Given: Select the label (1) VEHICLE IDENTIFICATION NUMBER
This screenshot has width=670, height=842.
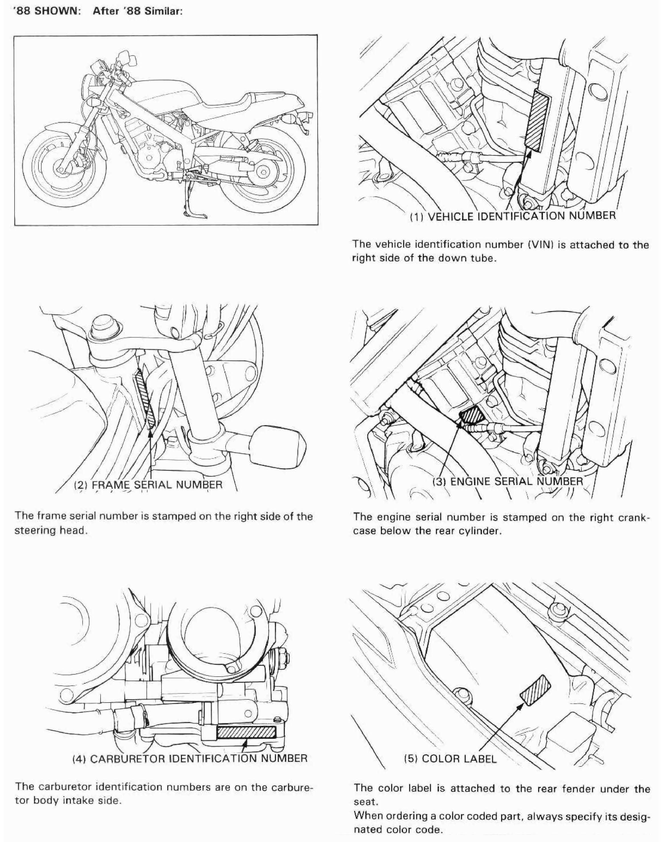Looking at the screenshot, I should coord(512,216).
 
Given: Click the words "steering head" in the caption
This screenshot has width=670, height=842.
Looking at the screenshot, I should coord(50,530).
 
